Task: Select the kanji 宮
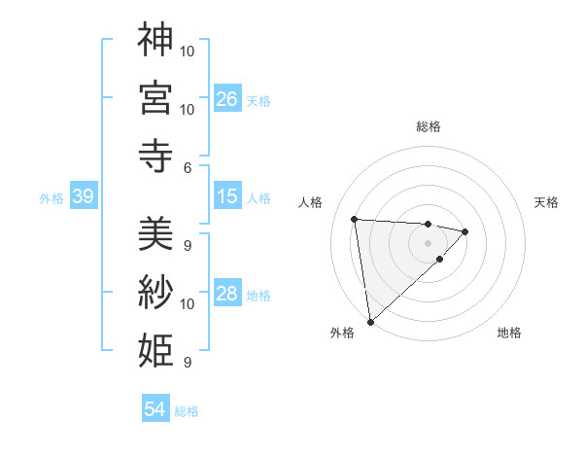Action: [x=155, y=96]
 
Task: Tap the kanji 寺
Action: [x=155, y=156]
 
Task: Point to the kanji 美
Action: [x=155, y=234]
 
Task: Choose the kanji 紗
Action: [x=155, y=292]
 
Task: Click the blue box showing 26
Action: [x=226, y=98]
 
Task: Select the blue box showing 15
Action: [x=226, y=196]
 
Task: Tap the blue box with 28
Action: [x=226, y=294]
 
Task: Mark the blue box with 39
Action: [x=83, y=196]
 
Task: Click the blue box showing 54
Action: [x=154, y=409]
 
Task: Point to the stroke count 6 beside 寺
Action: [x=187, y=167]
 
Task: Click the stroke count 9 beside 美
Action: [x=187, y=245]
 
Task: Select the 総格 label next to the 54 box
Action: [x=187, y=411]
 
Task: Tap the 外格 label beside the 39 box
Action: [x=51, y=198]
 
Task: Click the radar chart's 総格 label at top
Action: [x=428, y=126]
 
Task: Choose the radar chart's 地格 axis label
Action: [x=509, y=333]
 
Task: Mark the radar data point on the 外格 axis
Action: [x=370, y=321]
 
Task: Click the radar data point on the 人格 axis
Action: [x=355, y=218]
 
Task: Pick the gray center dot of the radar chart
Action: [x=428, y=242]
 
